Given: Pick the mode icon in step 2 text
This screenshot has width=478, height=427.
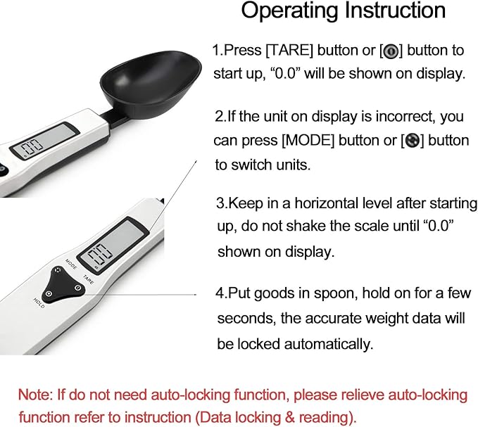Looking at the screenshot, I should tap(413, 140).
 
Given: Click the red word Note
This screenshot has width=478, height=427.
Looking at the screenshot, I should tap(33, 393).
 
